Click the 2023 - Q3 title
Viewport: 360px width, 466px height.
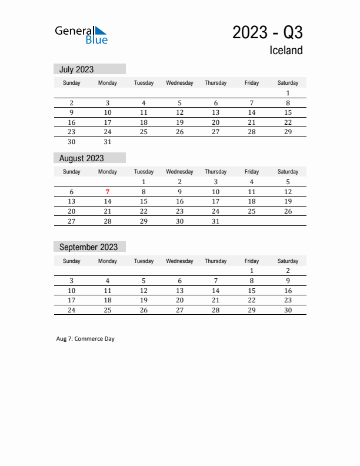[267, 32]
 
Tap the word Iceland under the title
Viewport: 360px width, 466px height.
[286, 51]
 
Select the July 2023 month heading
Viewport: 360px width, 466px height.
[76, 69]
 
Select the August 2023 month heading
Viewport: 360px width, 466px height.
[81, 158]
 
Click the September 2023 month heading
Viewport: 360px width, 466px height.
[88, 247]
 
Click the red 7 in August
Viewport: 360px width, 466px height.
[108, 192]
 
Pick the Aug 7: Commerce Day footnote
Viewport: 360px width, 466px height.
[85, 339]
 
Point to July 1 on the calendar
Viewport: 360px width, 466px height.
[288, 93]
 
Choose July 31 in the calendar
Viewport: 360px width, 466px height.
[108, 142]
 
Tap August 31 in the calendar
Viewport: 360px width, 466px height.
[216, 221]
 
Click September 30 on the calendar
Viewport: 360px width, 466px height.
[288, 310]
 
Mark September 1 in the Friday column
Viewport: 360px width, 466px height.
[252, 271]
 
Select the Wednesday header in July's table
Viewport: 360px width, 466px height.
[179, 83]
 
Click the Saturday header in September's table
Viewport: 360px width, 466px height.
[288, 261]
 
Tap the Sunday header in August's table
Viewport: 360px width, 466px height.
[72, 172]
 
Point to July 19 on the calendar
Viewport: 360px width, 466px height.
[179, 122]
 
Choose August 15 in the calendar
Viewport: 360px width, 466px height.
[144, 201]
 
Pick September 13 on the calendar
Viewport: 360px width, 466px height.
[179, 291]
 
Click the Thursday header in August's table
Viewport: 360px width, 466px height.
[216, 172]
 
